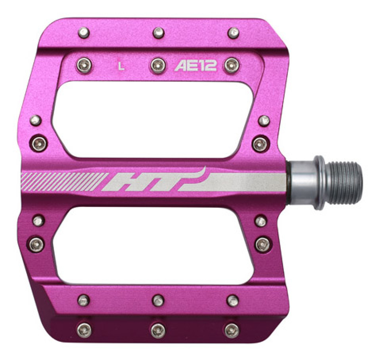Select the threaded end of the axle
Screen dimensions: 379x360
[345, 183]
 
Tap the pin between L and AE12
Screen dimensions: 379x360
[158, 65]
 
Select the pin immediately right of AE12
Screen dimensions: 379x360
[232, 65]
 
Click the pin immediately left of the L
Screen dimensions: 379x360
[84, 65]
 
